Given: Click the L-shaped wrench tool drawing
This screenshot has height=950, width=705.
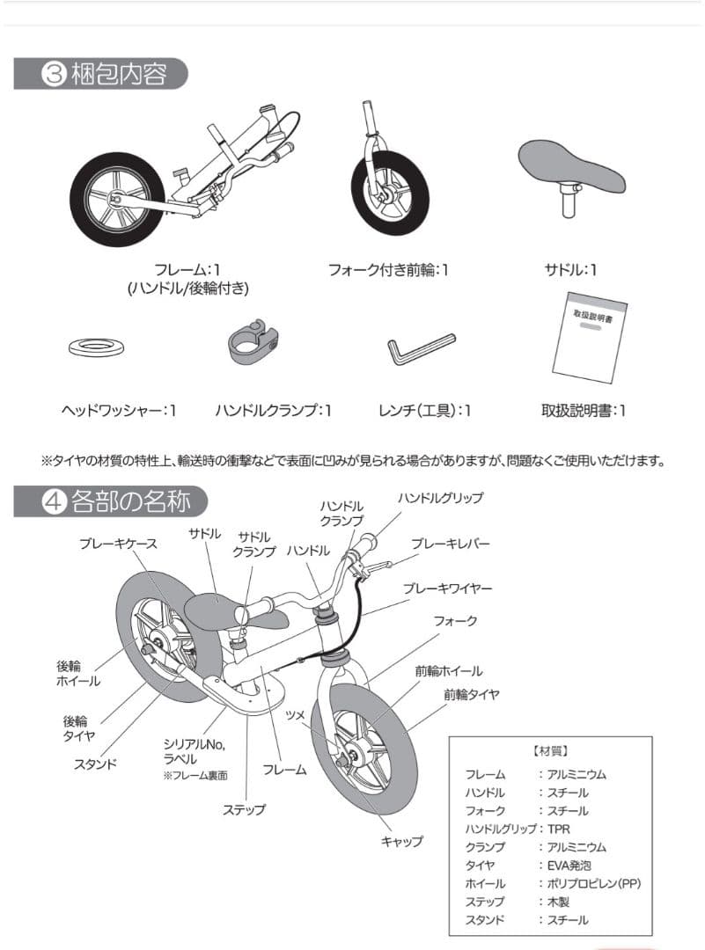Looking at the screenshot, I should [420, 350].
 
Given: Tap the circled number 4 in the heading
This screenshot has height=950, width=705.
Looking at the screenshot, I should [54, 502].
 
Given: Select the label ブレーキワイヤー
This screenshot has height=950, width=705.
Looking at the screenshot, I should [447, 588].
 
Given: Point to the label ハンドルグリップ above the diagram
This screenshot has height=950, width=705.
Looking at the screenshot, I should [440, 498].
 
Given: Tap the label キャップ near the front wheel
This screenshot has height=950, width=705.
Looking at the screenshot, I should [401, 841].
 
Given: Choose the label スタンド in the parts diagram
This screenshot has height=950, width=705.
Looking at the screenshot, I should [95, 764].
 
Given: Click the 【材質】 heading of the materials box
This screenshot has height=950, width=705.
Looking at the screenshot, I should [550, 751].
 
